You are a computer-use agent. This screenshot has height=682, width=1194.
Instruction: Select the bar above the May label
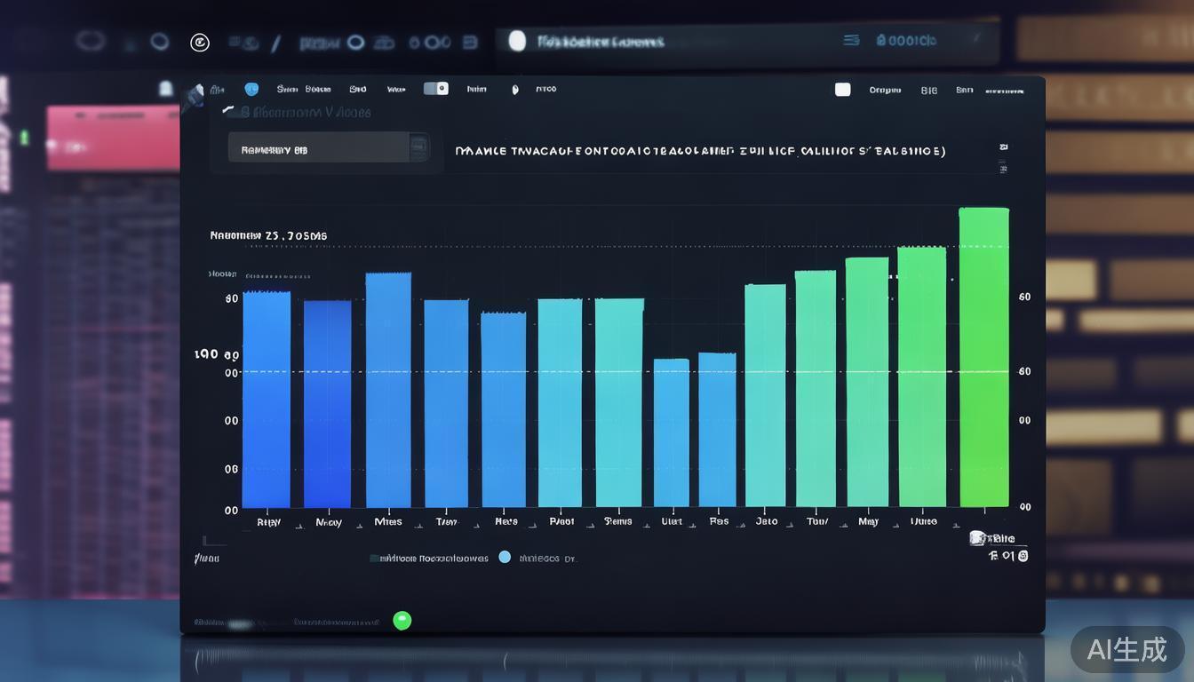tap(867, 382)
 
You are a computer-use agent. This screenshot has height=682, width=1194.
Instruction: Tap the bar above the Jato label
tap(765, 395)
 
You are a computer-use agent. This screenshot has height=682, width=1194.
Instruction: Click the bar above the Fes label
tap(717, 430)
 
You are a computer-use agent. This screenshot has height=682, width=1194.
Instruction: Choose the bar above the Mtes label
tap(388, 390)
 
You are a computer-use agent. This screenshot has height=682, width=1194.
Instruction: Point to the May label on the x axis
tap(868, 522)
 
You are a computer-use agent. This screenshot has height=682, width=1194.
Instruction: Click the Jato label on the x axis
tap(766, 522)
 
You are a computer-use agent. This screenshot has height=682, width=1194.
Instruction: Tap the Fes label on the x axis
tap(719, 522)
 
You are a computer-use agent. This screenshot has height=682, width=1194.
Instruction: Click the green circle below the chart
tap(402, 621)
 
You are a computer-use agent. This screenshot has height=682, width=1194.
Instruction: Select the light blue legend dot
tap(505, 558)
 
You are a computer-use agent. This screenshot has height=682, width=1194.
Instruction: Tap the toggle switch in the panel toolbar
tap(435, 89)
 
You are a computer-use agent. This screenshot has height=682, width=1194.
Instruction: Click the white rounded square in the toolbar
tap(842, 90)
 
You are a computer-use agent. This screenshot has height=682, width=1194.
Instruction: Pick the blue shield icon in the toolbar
tap(251, 89)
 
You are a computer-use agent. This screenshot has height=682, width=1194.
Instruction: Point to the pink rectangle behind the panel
tap(113, 139)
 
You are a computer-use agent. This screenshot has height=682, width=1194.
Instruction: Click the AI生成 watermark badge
tap(1126, 649)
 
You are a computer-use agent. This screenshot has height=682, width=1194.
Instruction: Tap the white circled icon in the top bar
tap(200, 42)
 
